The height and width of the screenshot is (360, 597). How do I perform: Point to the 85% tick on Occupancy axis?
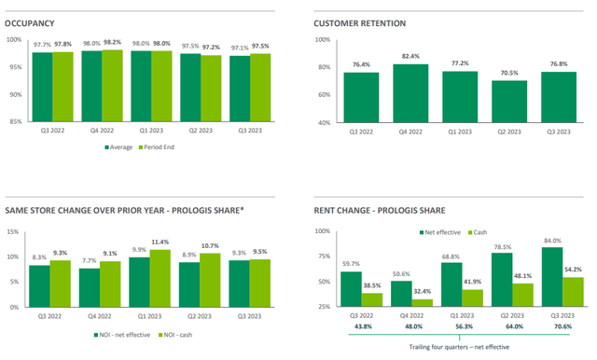point(14,122)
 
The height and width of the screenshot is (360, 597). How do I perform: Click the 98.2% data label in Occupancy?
point(113,43)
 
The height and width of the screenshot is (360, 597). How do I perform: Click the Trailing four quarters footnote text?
point(460,348)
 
